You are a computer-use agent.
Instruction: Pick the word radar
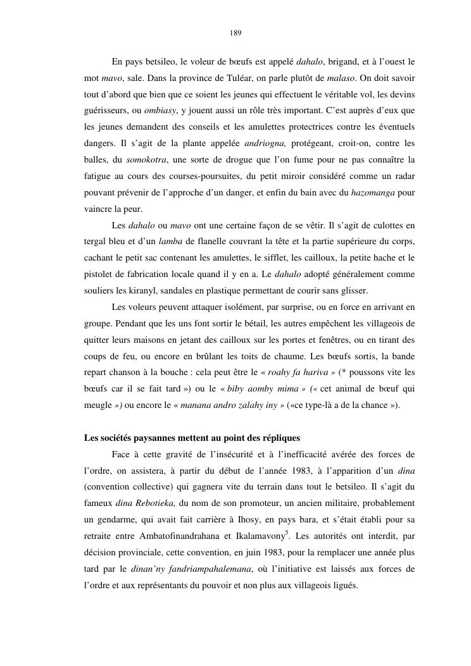(402, 175)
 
